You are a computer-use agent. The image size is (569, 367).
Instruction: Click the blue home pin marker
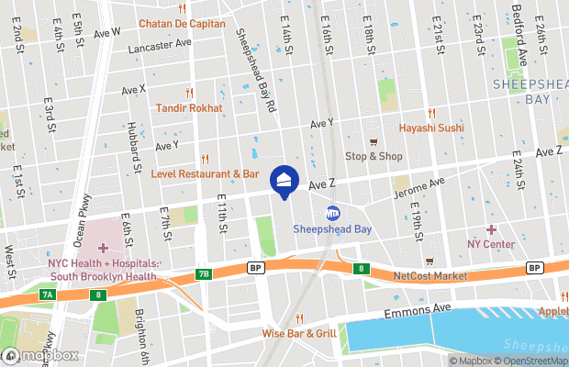pyautogui.click(x=284, y=181)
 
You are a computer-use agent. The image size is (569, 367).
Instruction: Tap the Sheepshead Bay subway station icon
pyautogui.click(x=333, y=212)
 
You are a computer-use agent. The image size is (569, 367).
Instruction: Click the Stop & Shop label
pyautogui.click(x=374, y=156)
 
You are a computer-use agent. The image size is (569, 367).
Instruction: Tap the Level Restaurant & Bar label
pyautogui.click(x=206, y=172)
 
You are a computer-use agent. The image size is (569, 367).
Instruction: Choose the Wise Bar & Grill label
pyautogui.click(x=299, y=333)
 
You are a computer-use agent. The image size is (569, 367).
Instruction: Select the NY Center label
pyautogui.click(x=491, y=244)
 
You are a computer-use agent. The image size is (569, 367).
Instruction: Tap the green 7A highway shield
pyautogui.click(x=49, y=295)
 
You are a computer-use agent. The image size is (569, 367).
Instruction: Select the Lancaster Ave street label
pyautogui.click(x=162, y=42)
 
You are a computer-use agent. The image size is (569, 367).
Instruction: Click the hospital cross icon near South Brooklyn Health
pyautogui.click(x=104, y=248)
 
